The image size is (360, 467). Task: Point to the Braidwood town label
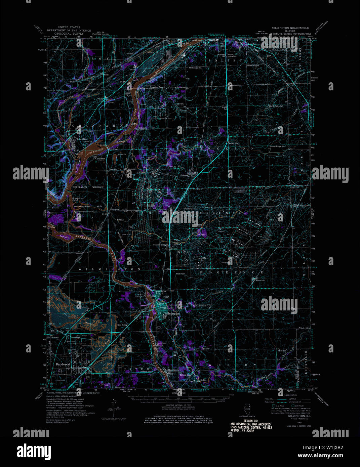click(62, 364)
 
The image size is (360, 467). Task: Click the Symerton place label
click(259, 280)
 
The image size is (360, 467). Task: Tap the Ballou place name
click(206, 348)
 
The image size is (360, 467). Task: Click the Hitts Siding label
click(122, 325)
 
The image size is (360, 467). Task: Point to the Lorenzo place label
click(78, 253)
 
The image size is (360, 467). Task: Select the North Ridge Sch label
click(276, 106)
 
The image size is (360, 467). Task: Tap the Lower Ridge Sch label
click(278, 146)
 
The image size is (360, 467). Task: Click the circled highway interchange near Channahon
click(105, 99)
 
